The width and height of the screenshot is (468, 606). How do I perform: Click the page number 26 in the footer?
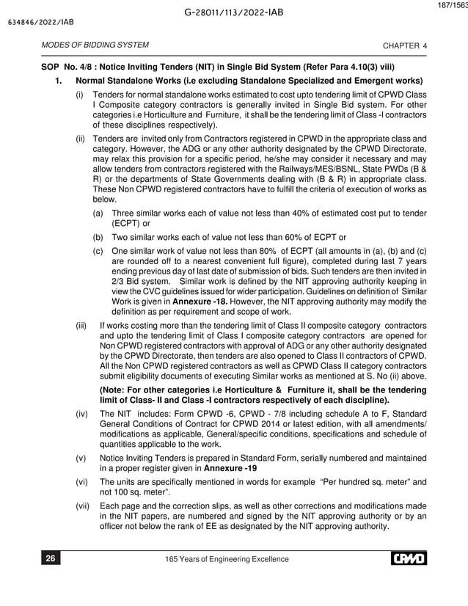click(50, 560)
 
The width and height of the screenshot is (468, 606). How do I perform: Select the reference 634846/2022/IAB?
click(35, 22)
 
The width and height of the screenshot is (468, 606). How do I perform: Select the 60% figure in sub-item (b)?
click(299, 237)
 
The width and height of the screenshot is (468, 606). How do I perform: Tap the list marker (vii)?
click(85, 505)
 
